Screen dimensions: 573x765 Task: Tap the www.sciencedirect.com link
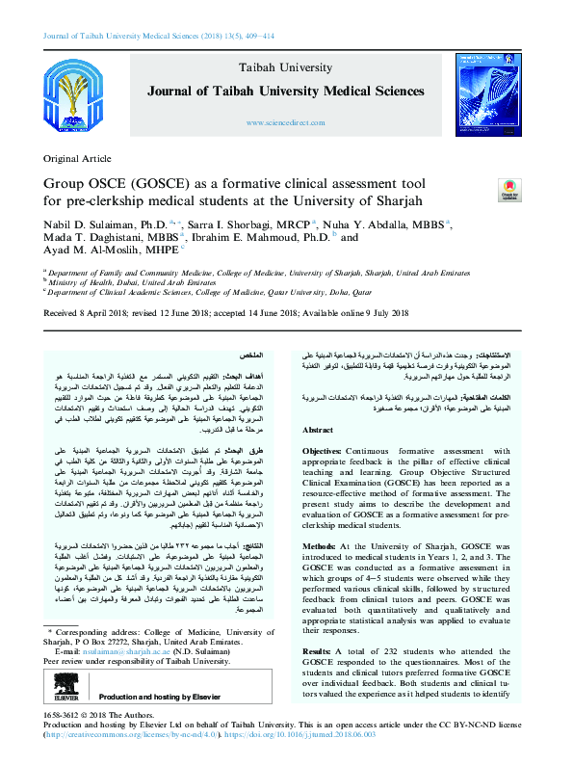[x=285, y=124]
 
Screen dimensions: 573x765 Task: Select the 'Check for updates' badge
[x=508, y=190]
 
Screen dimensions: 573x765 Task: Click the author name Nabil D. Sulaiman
[x=91, y=223]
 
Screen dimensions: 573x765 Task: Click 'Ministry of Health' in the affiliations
[x=88, y=283]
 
